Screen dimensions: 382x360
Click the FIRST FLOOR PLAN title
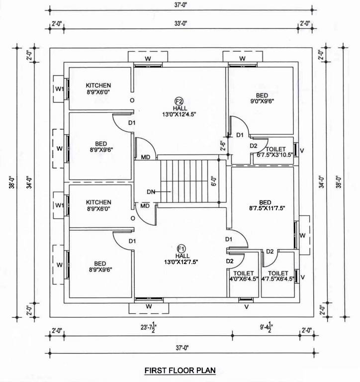tap(180, 371)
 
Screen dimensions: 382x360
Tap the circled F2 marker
tap(178, 101)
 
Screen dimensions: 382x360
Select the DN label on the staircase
tap(152, 191)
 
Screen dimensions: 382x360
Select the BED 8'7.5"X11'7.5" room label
tap(265, 205)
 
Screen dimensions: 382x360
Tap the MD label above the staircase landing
tap(146, 157)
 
